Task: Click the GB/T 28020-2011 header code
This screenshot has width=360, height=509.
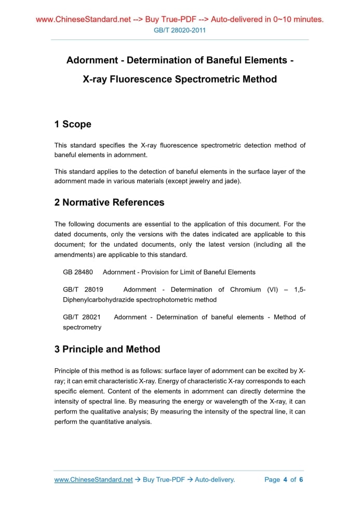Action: pos(180,30)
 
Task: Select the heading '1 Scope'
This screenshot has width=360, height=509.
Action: pos(73,124)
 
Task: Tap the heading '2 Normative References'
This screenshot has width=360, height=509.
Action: pos(109,203)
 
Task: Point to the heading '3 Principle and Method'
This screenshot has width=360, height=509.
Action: pos(107,349)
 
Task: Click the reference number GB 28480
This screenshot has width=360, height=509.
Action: pos(78,272)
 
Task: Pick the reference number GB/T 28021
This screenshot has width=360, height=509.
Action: pos(82,317)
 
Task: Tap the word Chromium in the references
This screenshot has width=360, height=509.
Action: pos(246,289)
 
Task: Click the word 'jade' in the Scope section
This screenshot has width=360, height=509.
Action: pos(231,181)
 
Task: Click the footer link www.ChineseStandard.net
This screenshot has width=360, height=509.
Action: pos(94,479)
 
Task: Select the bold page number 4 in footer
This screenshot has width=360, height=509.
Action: pos(285,479)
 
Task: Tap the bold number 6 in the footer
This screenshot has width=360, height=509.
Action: pos(301,479)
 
